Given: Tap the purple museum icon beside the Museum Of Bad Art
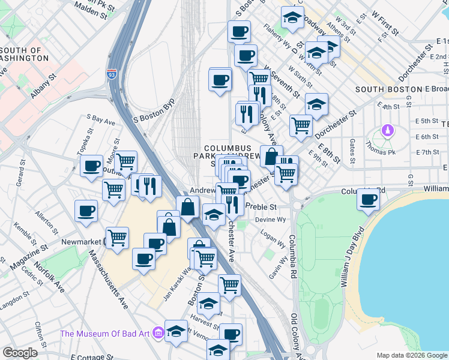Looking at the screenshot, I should pyautogui.click(x=158, y=332).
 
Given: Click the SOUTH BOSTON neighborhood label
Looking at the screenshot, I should pyautogui.click(x=384, y=89).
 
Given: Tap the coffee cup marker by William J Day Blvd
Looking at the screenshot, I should pyautogui.click(x=368, y=199).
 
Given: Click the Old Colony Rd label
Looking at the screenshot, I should pyautogui.click(x=294, y=334).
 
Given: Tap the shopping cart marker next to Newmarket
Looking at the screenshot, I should pyautogui.click(x=117, y=237).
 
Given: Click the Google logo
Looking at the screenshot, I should pyautogui.click(x=20, y=352).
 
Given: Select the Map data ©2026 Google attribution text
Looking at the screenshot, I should pyautogui.click(x=412, y=355).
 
